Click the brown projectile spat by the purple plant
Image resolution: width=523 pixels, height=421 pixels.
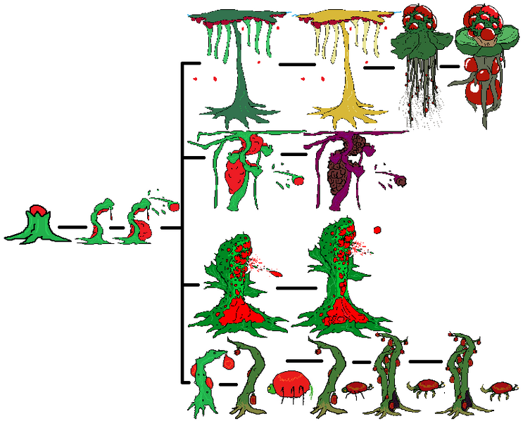[x=402, y=181]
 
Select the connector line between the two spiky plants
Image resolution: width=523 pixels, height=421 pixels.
[x=296, y=287]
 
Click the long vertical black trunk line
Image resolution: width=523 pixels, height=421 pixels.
[x=182, y=225]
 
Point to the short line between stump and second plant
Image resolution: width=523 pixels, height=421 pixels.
[x=71, y=227]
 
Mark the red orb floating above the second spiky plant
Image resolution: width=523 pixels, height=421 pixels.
[x=378, y=229]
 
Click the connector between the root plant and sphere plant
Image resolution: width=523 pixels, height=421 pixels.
[x=449, y=67]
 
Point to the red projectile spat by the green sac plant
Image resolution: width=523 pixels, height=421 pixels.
[x=298, y=181]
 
